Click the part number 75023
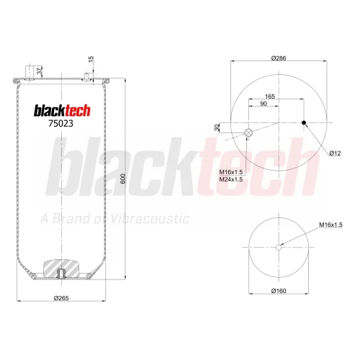click(x=60, y=123)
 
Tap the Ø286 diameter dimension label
click(x=279, y=58)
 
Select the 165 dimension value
click(x=270, y=96)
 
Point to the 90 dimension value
click(x=264, y=104)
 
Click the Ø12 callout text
click(x=335, y=153)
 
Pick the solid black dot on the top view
click(x=304, y=122)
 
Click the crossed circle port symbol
click(x=248, y=132)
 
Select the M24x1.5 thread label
click(x=231, y=179)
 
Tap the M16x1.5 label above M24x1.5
click(x=231, y=172)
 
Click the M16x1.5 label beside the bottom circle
click(x=330, y=225)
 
